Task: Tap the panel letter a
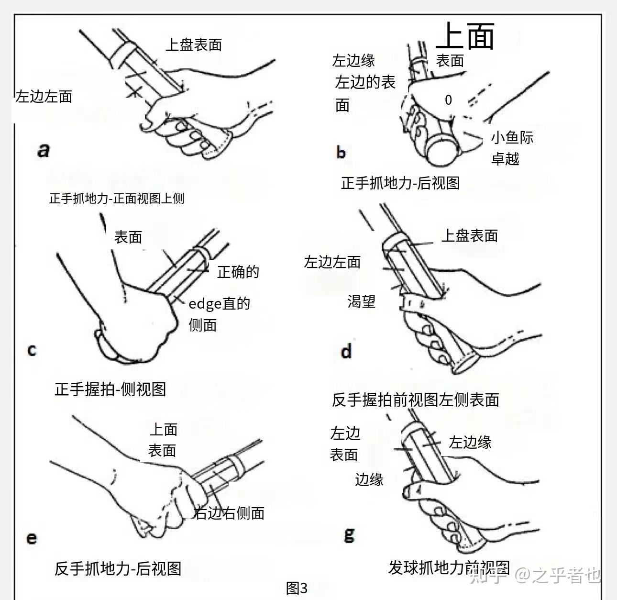click(44, 150)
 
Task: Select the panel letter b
click(341, 152)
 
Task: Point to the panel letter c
click(32, 350)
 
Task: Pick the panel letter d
click(346, 351)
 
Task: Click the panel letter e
click(32, 538)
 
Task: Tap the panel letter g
click(349, 535)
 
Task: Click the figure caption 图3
click(297, 588)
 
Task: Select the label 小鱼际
click(512, 138)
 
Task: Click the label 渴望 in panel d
click(362, 301)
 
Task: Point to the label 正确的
click(238, 272)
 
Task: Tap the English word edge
click(205, 304)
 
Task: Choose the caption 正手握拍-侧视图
click(110, 389)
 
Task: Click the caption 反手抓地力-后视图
click(118, 568)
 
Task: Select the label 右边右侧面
click(229, 513)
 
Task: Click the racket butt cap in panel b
click(443, 150)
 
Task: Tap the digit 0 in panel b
click(448, 100)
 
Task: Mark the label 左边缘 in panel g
click(470, 442)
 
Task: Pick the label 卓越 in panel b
click(505, 159)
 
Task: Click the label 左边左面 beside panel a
click(44, 96)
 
